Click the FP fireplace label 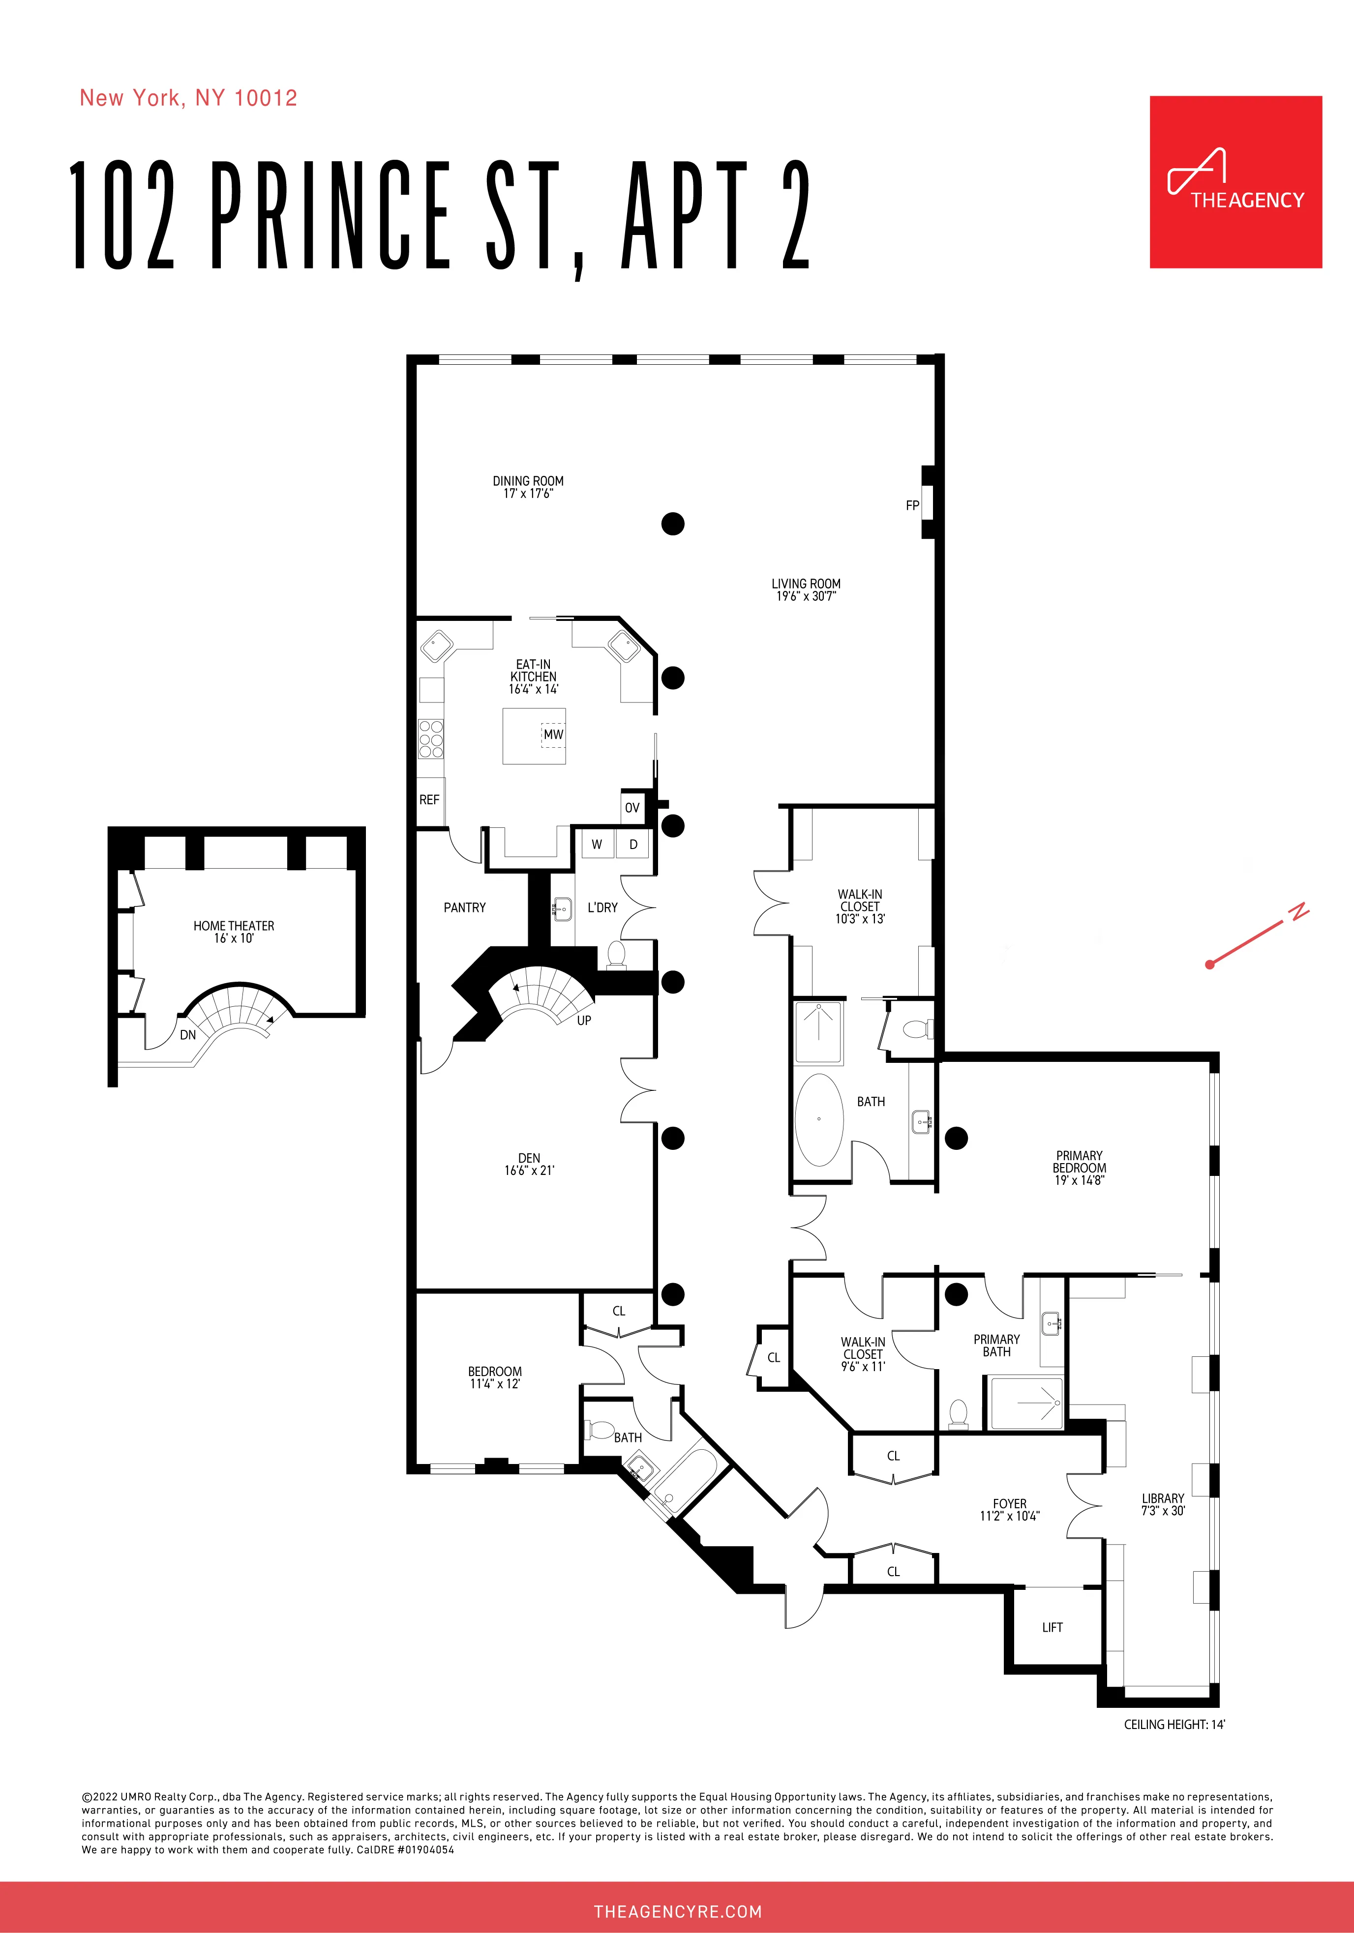click(912, 506)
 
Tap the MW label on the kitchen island click(553, 734)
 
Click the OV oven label click(632, 807)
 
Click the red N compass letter click(1299, 911)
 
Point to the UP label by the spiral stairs click(583, 1021)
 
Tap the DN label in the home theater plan click(188, 1035)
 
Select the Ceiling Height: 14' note click(1174, 1724)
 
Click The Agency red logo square click(1235, 182)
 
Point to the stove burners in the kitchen click(431, 739)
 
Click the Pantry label click(465, 908)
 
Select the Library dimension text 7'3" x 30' click(1163, 1510)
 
